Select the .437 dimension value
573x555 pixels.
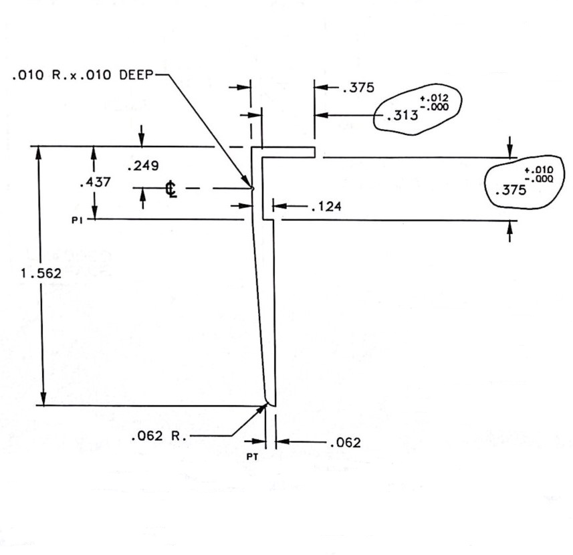pos(90,181)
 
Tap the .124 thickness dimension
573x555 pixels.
pos(326,207)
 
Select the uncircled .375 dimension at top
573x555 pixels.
pos(358,88)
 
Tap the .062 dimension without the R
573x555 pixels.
pos(344,443)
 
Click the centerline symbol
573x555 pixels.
pos(172,190)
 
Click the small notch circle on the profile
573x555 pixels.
pos(253,188)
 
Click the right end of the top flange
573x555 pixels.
pos(314,152)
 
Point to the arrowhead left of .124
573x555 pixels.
pos(280,207)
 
